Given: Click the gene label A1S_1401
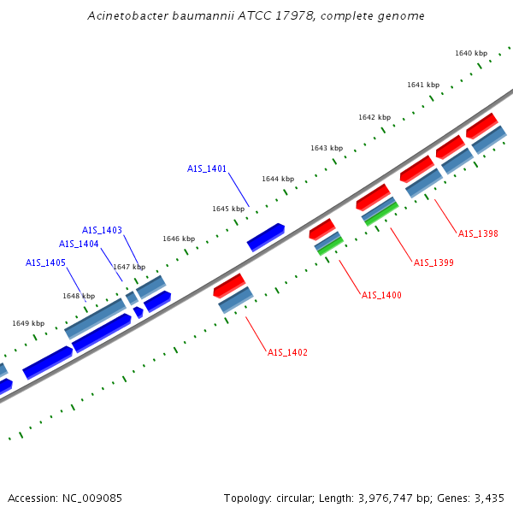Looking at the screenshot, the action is (x=207, y=168).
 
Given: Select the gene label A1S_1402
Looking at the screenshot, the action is (x=287, y=352).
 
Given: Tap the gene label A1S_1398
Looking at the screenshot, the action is (x=478, y=233).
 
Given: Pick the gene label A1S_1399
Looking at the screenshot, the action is (x=433, y=262).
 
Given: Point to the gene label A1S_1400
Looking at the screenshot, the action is (x=381, y=295).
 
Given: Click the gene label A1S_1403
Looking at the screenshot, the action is (x=102, y=230).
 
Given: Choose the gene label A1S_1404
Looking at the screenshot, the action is (x=79, y=244).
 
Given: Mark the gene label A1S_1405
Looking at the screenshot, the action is (x=45, y=262).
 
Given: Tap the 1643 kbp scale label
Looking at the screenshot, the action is (x=327, y=148).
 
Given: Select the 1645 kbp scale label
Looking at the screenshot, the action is (x=228, y=209).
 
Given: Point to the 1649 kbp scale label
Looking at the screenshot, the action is (x=28, y=323).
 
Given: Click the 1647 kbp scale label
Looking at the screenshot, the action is (x=129, y=267).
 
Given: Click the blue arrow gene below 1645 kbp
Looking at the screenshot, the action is (x=266, y=237).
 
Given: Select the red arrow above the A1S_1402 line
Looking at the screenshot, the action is (x=229, y=285).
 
